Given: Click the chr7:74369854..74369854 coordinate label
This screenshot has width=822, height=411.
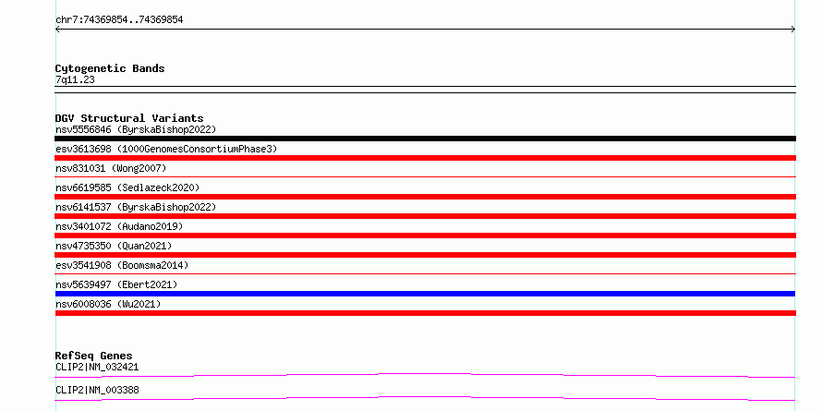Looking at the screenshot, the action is pyautogui.click(x=119, y=20).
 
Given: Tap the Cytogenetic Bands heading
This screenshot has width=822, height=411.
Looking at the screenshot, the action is pyautogui.click(x=110, y=68).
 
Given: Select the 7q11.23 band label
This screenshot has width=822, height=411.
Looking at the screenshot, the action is pyautogui.click(x=75, y=80).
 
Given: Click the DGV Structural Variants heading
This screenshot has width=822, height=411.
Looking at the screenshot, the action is pyautogui.click(x=129, y=118).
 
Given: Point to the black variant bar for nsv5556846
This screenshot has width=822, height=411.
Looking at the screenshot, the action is pyautogui.click(x=425, y=139).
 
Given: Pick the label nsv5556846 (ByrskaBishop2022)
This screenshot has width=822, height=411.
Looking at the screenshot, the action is pyautogui.click(x=136, y=129).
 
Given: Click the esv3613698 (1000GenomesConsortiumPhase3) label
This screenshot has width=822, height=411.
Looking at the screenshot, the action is pyautogui.click(x=166, y=149).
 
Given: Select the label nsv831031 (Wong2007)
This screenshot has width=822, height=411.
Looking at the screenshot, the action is pyautogui.click(x=111, y=168).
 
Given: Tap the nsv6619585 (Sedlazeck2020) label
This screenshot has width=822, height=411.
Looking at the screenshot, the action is pyautogui.click(x=127, y=187).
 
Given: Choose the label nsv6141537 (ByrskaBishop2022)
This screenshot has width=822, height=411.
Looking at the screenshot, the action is pyautogui.click(x=136, y=207).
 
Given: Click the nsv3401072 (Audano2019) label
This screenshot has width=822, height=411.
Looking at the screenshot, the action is pyautogui.click(x=119, y=226).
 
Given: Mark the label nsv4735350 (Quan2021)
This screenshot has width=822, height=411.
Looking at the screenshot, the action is pyautogui.click(x=114, y=246).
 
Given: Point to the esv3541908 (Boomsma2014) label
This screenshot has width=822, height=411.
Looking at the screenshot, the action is pyautogui.click(x=122, y=265).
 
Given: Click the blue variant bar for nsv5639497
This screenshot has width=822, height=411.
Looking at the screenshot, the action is pyautogui.click(x=425, y=294).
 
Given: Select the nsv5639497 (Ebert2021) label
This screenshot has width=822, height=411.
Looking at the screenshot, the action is pyautogui.click(x=116, y=284).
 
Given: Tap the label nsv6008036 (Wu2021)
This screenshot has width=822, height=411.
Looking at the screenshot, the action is pyautogui.click(x=108, y=304).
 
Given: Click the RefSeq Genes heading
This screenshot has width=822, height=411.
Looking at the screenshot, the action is pyautogui.click(x=94, y=356).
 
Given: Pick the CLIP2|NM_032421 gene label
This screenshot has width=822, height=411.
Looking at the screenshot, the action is pyautogui.click(x=97, y=367).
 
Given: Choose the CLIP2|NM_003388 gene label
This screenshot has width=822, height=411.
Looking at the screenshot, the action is pyautogui.click(x=97, y=390).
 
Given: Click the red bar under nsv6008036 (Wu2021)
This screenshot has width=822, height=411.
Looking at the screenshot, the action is pyautogui.click(x=425, y=313).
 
